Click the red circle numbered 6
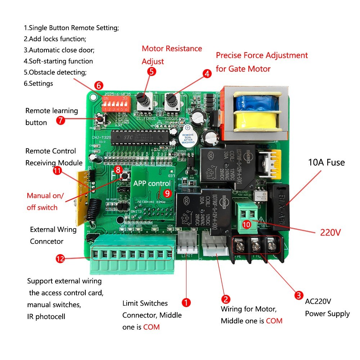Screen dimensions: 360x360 pyautogui.click(x=99, y=86)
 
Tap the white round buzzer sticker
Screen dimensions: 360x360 pyautogui.click(x=187, y=134)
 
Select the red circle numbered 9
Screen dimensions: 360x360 pyautogui.click(x=167, y=193)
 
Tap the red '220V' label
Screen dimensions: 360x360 pyautogui.click(x=330, y=232)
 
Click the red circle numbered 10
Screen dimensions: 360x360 pyautogui.click(x=247, y=224)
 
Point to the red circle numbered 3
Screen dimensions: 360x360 pyautogui.click(x=298, y=296)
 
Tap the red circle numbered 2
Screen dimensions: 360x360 pyautogui.click(x=226, y=298)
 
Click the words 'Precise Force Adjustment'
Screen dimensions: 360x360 pyautogui.click(x=262, y=55)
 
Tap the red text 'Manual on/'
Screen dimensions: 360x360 pyautogui.click(x=45, y=196)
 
